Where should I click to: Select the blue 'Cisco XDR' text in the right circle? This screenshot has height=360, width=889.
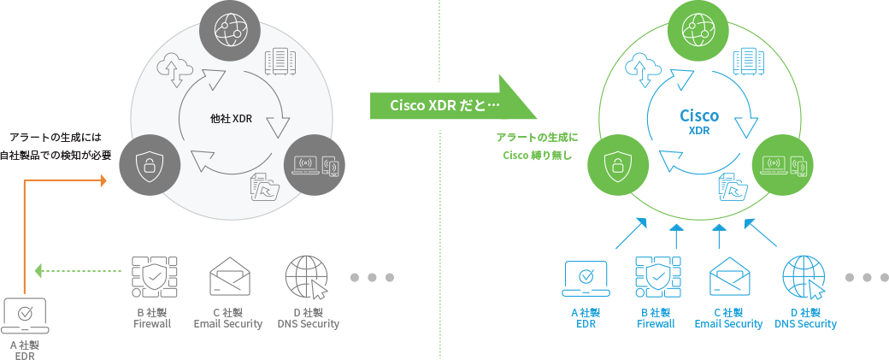[x=699, y=121]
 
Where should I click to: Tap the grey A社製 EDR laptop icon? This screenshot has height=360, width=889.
[x=26, y=316]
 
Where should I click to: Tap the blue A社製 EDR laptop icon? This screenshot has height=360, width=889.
[x=586, y=278]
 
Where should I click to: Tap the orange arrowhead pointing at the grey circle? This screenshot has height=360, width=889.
[x=103, y=180]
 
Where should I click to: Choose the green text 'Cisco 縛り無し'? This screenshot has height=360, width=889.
[x=536, y=156]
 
